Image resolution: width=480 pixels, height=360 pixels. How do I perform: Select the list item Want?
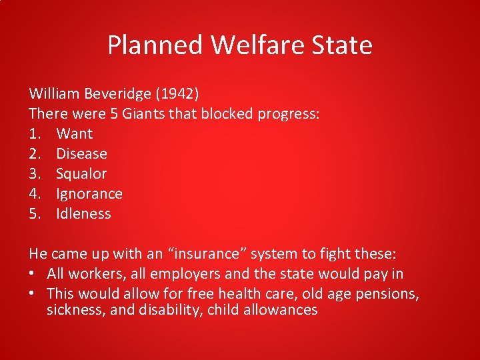point(75,133)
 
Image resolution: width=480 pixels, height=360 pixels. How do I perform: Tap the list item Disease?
point(81,153)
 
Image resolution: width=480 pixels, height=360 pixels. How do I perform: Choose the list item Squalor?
point(81,173)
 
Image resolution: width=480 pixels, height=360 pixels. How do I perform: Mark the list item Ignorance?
point(89,194)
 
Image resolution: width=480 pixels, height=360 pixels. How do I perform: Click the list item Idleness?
point(83,213)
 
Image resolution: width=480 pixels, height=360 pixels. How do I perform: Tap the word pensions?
point(388,294)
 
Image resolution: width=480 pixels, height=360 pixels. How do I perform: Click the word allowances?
point(282,310)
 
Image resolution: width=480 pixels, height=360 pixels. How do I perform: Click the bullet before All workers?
point(33,274)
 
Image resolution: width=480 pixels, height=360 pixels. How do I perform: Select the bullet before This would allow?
point(33,294)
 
